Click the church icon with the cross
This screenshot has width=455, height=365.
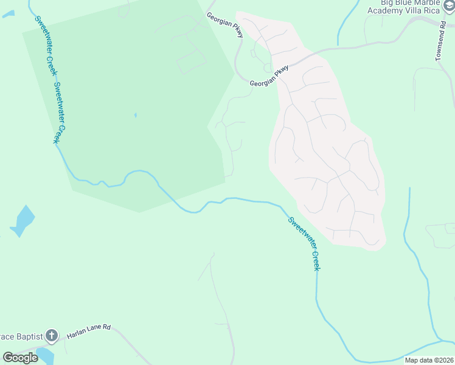coord(52,335)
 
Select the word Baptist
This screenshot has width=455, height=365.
coord(28,336)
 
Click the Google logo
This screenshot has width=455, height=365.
coord(20,358)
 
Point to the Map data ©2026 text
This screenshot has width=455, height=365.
coord(429,360)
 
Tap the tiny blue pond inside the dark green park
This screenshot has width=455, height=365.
coord(135,114)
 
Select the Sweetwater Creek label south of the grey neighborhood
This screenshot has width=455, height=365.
coord(304,243)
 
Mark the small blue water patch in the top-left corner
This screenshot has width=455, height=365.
coord(8,13)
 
